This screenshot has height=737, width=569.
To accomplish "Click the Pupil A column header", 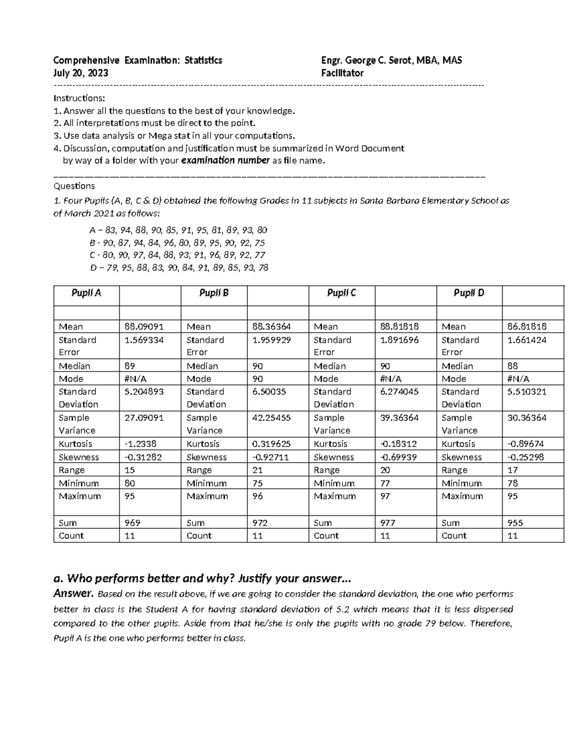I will coord(86,293).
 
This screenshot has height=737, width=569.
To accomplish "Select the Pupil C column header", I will coord(341,293).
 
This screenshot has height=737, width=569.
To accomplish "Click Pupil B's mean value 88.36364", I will coord(272,327).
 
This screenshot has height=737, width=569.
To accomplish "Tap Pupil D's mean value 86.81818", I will coord(527,327).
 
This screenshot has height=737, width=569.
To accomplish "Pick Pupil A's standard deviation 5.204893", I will coord(144,392).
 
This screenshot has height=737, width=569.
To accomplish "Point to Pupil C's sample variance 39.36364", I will coord(399,418).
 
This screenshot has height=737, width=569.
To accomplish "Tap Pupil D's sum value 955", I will coord(515,522).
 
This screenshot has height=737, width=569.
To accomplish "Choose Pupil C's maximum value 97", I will coord(385,496).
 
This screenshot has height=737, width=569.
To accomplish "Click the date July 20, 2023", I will coord(81,73).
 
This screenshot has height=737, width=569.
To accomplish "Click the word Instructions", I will coord(79,98).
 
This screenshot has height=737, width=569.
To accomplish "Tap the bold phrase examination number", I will coord(226,160).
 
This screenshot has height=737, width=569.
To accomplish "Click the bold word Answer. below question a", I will coord(73,593).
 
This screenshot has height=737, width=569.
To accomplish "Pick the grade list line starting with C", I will coord(177,255).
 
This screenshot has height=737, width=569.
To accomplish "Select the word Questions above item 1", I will coord(74,186).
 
